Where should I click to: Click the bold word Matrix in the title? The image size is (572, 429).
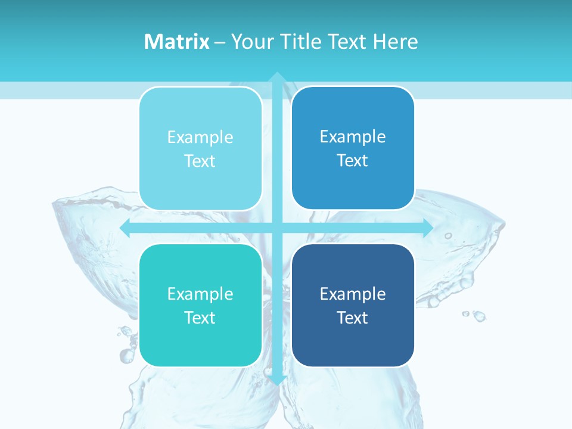(x=176, y=42)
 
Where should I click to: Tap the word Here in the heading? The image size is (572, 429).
(x=395, y=42)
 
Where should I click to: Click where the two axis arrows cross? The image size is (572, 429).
(x=277, y=228)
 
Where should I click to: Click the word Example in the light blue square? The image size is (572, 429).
(x=200, y=138)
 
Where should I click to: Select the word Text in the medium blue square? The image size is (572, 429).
(x=353, y=161)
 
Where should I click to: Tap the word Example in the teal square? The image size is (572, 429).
(x=200, y=294)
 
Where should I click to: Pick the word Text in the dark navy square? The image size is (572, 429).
(x=353, y=318)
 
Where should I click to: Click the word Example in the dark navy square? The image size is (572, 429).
(x=353, y=294)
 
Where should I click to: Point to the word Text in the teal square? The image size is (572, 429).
(x=200, y=318)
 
